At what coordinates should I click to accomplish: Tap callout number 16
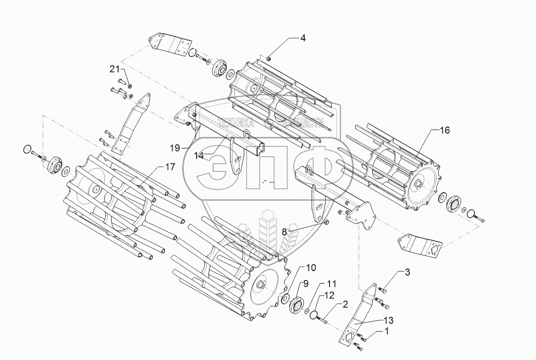445,130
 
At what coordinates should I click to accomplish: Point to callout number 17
170,167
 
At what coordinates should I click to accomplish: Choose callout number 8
285,231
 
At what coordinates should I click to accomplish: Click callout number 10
311,268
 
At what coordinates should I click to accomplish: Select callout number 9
306,284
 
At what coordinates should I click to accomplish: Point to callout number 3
407,272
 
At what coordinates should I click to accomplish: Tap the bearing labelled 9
297,304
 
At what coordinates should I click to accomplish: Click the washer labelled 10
285,298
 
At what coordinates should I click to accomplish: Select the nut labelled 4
268,59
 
